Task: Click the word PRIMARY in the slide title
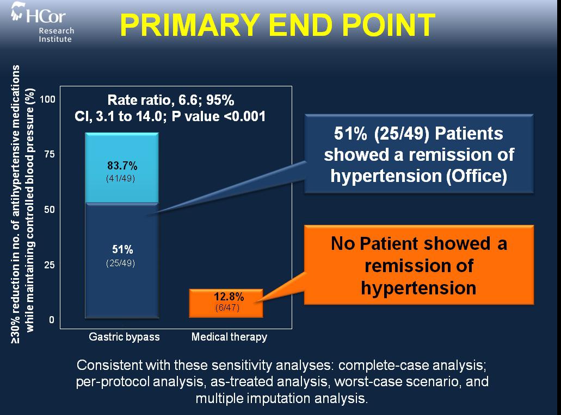[x=189, y=25]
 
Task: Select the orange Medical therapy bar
[x=226, y=303]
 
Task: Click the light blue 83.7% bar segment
[x=122, y=168]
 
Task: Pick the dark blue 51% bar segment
[x=122, y=260]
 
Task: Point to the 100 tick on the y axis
[x=47, y=99]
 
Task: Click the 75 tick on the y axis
[x=50, y=154]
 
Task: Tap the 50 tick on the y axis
[x=50, y=210]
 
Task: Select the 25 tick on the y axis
[x=50, y=265]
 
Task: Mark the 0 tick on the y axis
[x=52, y=320]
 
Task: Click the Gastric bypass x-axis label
[x=124, y=337]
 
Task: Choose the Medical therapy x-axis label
[x=229, y=337]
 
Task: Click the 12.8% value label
[x=229, y=297]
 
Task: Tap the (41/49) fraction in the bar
[x=121, y=178]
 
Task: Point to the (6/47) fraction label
[x=227, y=307]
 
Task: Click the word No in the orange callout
[x=343, y=243]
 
